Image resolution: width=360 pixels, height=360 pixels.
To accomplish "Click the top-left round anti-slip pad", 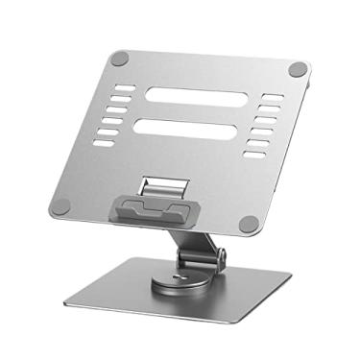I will pos(119,59).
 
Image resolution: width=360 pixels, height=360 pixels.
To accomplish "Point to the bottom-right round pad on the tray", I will pos(249,224).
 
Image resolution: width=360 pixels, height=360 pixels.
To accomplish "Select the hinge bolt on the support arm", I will pos(223,258).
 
